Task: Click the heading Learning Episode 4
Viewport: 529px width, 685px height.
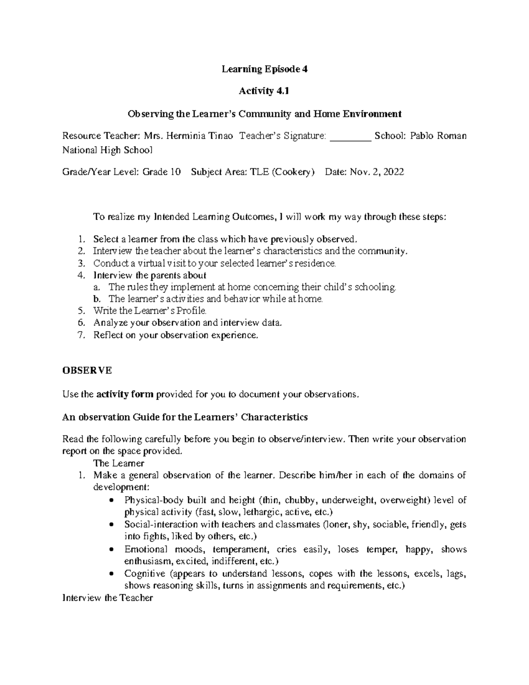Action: [x=264, y=69]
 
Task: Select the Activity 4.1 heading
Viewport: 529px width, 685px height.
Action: [x=264, y=91]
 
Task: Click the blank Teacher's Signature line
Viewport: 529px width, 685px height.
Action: [x=350, y=136]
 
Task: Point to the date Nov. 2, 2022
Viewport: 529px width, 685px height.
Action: [x=376, y=172]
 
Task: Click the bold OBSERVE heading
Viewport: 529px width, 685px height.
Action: [x=87, y=371]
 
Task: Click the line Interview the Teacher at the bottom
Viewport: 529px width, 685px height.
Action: [x=108, y=598]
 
